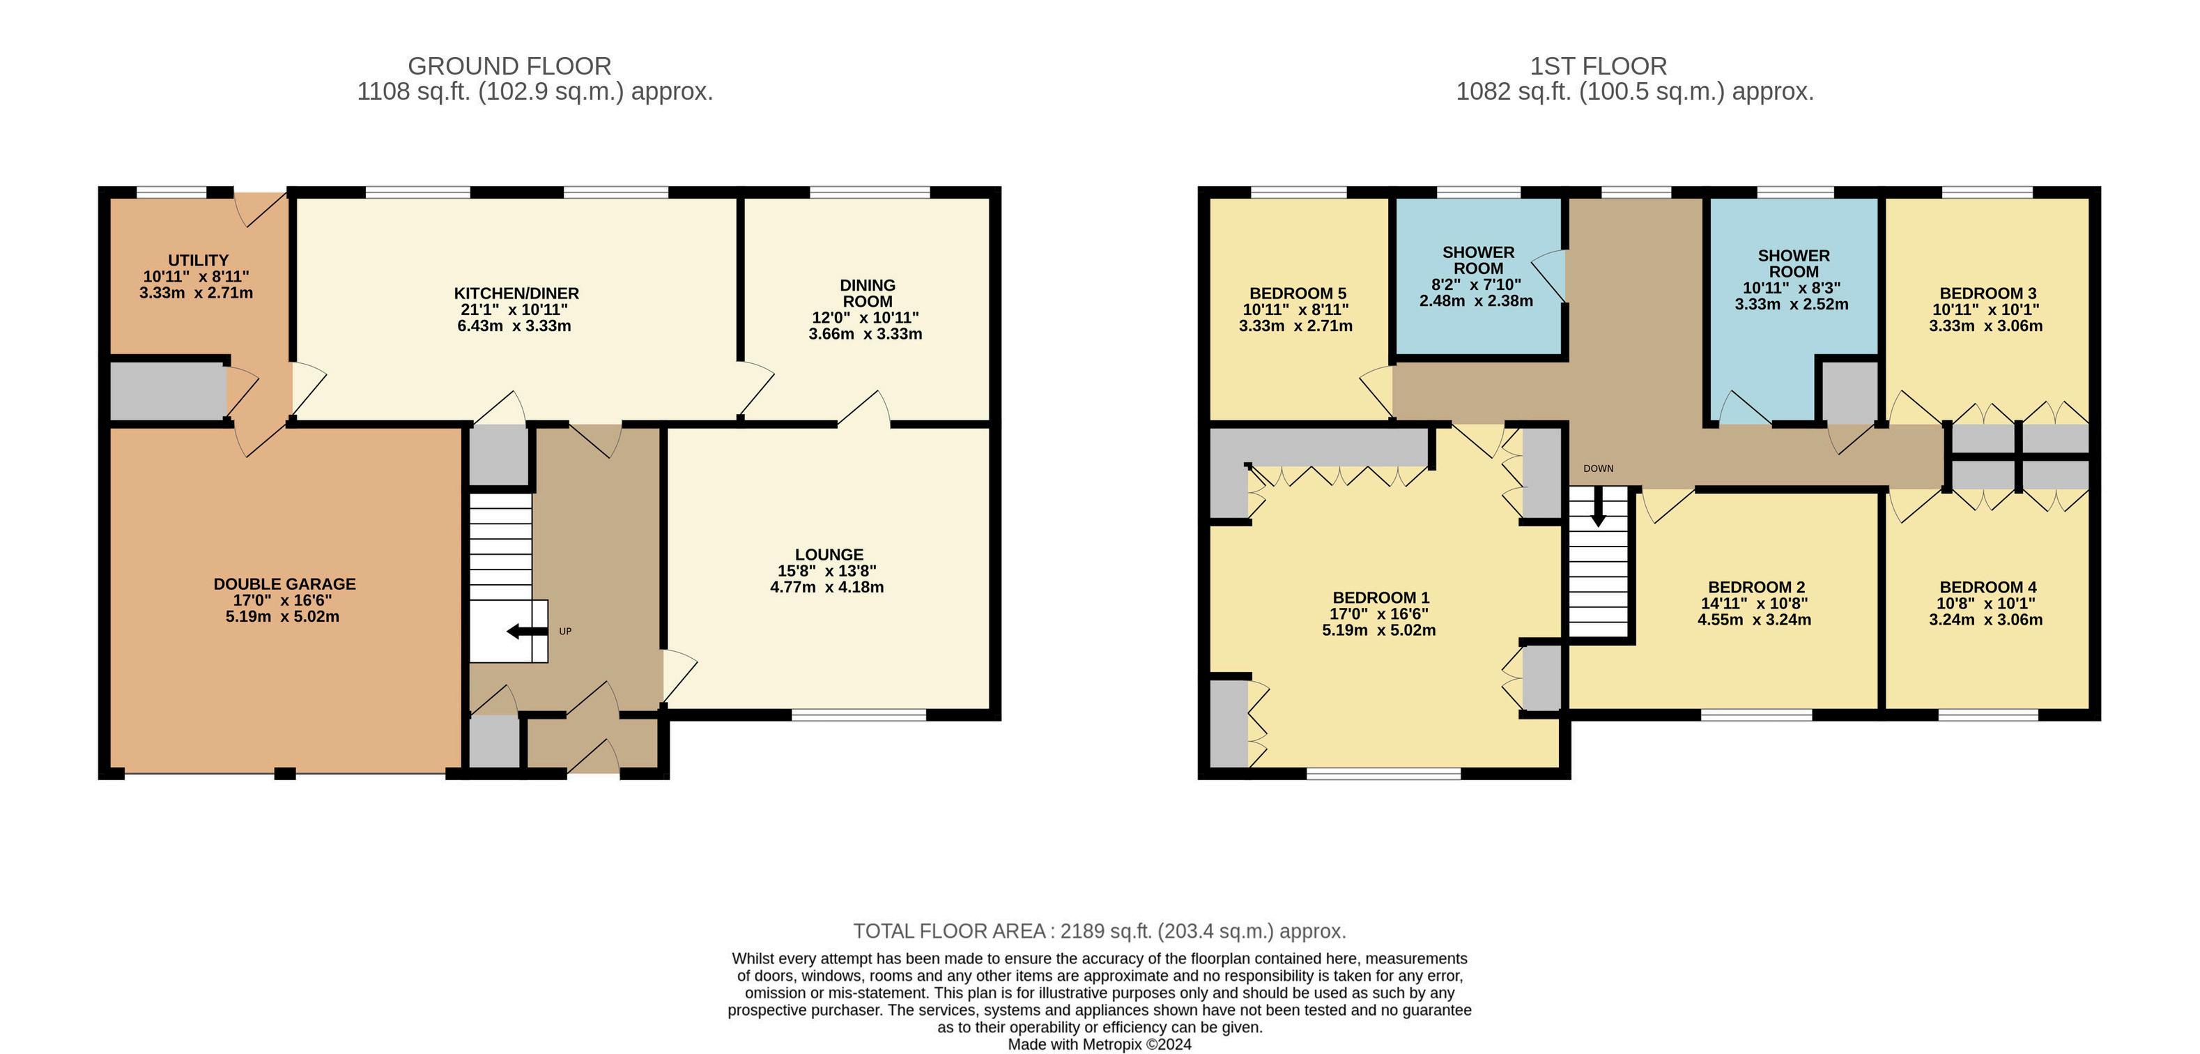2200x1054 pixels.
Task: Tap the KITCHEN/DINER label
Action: tap(516, 293)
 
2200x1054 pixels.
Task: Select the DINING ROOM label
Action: tap(868, 293)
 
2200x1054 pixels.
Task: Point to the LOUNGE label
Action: tap(829, 554)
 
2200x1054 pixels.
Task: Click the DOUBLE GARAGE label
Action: tap(284, 584)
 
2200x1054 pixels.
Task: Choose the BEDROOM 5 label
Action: tap(1298, 293)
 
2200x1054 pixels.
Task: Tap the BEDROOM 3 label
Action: tap(1988, 293)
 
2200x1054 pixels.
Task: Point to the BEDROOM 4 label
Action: tap(1988, 588)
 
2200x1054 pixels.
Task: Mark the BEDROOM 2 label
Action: tap(1757, 588)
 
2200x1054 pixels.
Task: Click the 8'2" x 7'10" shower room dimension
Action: tap(1478, 284)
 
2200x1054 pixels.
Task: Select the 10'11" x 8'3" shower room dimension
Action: tap(1792, 288)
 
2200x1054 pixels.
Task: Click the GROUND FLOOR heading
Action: tap(510, 66)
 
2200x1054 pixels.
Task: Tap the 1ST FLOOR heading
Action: tap(1599, 66)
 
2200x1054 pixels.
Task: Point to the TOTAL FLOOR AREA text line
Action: tap(1100, 931)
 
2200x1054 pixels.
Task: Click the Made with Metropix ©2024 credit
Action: tap(1100, 1044)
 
